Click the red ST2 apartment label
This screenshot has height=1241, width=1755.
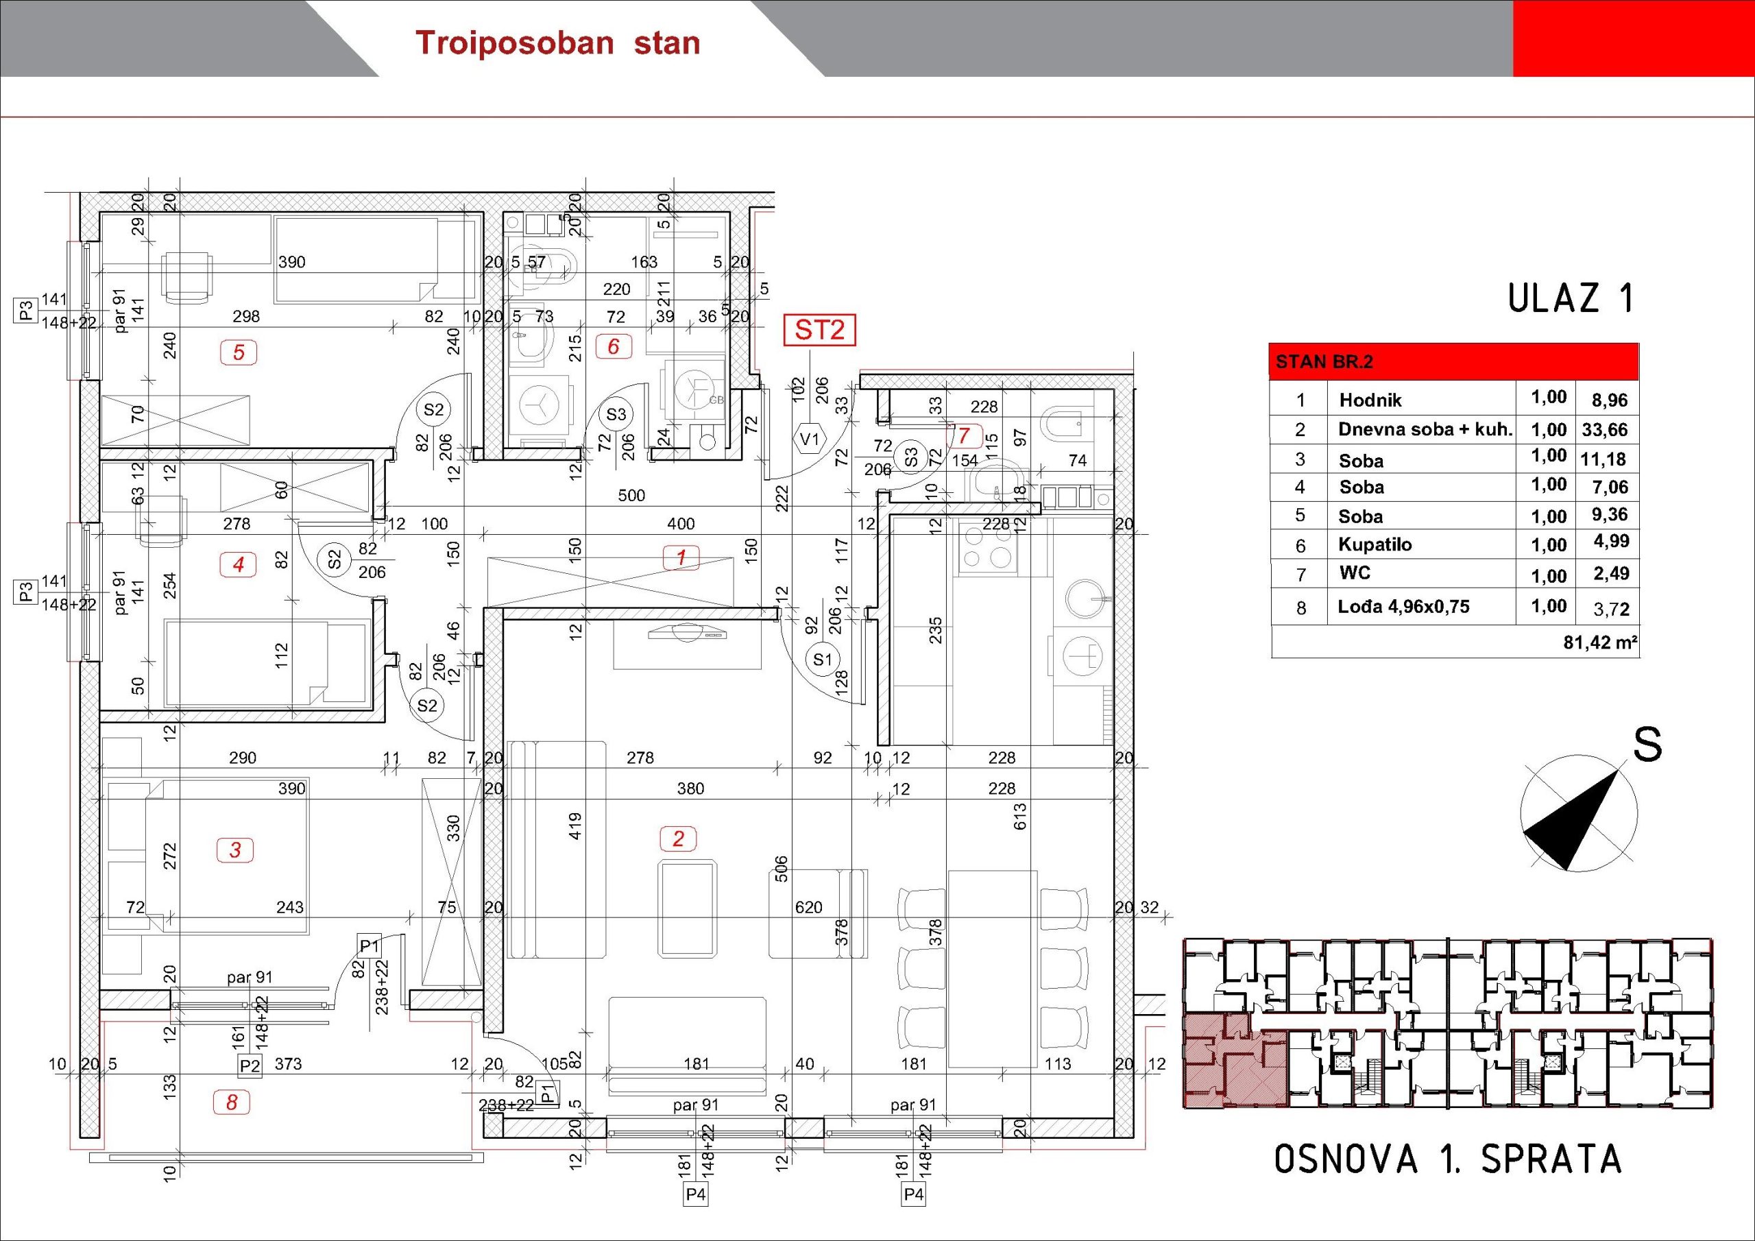pyautogui.click(x=819, y=330)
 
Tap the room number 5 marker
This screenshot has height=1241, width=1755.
pyautogui.click(x=239, y=352)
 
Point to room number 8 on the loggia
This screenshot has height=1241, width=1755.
pyautogui.click(x=232, y=1102)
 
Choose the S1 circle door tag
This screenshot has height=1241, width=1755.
pyautogui.click(x=823, y=659)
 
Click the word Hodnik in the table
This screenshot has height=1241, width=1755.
pyautogui.click(x=1370, y=400)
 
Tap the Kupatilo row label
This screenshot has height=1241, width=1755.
pyautogui.click(x=1375, y=544)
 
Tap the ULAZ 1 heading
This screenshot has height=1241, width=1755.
pyautogui.click(x=1570, y=298)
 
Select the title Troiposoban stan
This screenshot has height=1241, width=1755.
pyautogui.click(x=557, y=43)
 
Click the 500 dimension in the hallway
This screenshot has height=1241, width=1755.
pyautogui.click(x=631, y=495)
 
